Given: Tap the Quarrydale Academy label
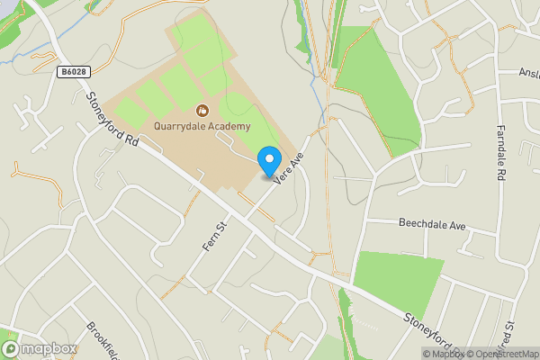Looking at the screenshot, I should coord(202,127).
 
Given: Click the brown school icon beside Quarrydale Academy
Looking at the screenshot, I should coord(202,112).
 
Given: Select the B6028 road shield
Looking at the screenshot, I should coord(75,71).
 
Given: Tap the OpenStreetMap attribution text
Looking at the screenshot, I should coord(500,354).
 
